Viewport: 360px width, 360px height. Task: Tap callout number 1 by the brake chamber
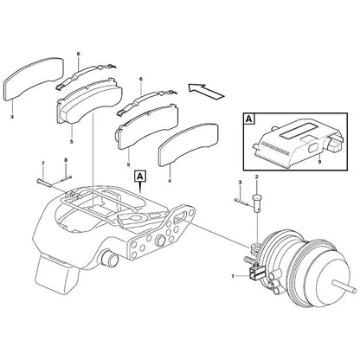(x=233, y=275)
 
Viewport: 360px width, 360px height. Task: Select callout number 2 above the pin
(x=257, y=176)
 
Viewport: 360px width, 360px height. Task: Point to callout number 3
(x=238, y=183)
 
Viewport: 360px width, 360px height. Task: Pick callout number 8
(x=66, y=162)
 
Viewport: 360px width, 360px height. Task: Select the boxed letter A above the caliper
(x=139, y=175)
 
